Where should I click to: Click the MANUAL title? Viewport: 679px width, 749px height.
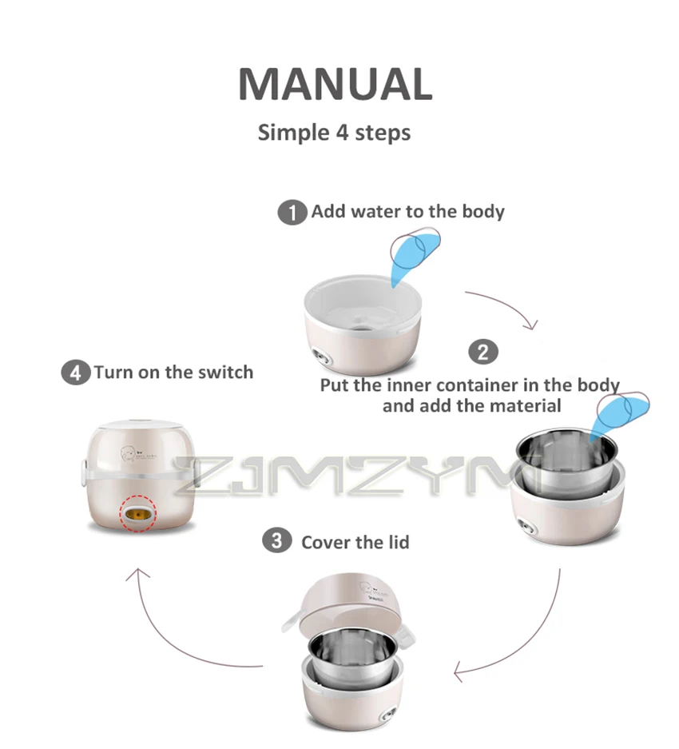(x=335, y=84)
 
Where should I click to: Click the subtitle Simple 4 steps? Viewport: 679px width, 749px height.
(x=334, y=132)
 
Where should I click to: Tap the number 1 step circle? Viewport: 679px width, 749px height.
(x=292, y=213)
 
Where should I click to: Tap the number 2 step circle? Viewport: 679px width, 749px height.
(x=482, y=352)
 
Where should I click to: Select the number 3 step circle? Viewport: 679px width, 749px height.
(x=276, y=541)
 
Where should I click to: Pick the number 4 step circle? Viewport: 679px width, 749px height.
(x=75, y=373)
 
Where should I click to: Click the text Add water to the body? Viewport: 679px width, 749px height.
(x=407, y=212)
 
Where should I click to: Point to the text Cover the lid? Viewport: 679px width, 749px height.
(x=355, y=543)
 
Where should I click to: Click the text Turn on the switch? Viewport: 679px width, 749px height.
(x=173, y=373)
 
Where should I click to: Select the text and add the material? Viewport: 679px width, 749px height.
(x=471, y=406)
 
